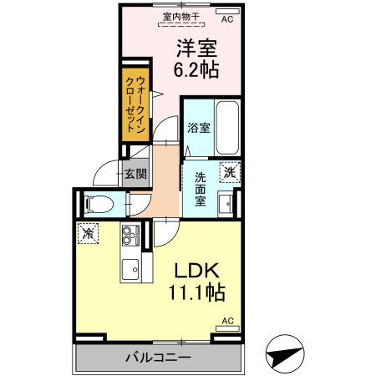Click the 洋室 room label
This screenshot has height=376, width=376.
(x=197, y=48)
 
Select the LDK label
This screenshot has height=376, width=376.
(x=196, y=272)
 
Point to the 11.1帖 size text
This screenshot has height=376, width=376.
(x=197, y=293)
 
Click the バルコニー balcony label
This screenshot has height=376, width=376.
(x=158, y=357)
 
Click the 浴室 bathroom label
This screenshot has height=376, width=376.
(x=197, y=129)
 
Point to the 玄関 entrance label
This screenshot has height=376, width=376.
(x=135, y=174)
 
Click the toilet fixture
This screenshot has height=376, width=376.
(x=99, y=202)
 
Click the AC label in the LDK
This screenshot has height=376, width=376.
(x=227, y=320)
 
